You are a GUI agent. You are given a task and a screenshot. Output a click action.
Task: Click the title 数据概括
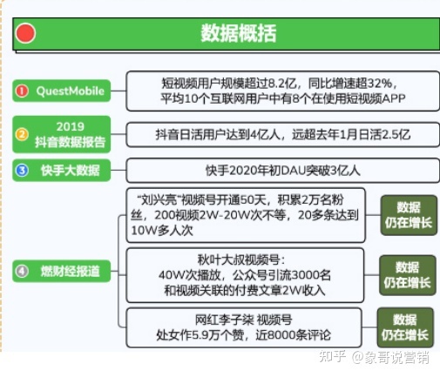pyautogui.click(x=238, y=34)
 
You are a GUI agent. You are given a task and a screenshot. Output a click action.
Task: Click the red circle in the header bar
pyautogui.click(x=26, y=34)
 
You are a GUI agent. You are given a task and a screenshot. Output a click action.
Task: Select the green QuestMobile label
pyautogui.click(x=70, y=90)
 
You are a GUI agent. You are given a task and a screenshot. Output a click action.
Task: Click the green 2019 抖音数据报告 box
pyautogui.click(x=70, y=134)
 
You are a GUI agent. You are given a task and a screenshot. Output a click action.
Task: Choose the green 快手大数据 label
pyautogui.click(x=70, y=170)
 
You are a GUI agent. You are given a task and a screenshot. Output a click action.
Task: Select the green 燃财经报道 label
pyautogui.click(x=70, y=271)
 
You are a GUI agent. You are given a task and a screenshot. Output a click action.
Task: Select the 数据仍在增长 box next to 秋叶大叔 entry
pyautogui.click(x=407, y=273)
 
